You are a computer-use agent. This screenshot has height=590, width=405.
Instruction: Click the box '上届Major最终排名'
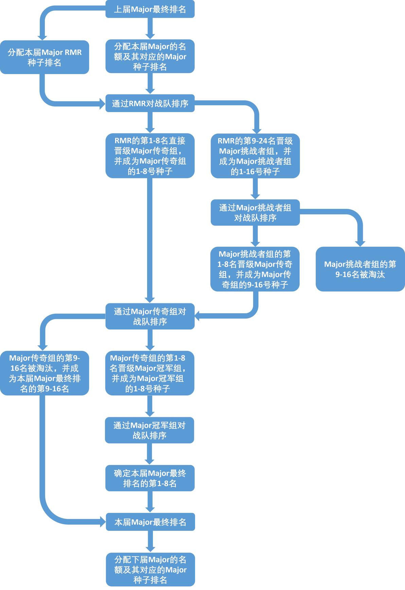(150, 9)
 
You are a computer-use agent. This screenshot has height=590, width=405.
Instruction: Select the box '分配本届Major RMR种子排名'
(45, 57)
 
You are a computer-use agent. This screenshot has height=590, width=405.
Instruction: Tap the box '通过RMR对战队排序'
(150, 103)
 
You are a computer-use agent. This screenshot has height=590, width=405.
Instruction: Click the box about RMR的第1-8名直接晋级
(150, 156)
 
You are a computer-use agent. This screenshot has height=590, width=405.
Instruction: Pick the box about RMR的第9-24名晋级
(255, 156)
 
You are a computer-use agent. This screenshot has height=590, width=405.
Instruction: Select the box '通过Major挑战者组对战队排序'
(255, 213)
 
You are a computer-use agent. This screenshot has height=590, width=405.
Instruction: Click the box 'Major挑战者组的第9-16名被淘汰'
(360, 269)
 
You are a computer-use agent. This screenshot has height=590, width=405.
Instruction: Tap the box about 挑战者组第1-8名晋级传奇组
(255, 269)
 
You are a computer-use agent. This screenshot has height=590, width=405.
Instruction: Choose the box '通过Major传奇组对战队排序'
(150, 316)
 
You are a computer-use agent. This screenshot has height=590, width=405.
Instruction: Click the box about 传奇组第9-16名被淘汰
(45, 373)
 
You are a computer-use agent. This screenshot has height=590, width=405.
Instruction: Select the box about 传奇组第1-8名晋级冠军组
(149, 373)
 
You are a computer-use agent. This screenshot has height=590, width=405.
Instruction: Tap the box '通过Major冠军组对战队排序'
(149, 430)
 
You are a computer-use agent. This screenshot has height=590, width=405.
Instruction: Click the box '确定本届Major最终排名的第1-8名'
(150, 478)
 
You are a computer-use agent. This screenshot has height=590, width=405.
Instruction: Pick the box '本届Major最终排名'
(150, 522)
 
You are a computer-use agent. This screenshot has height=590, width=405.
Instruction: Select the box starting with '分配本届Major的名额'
(150, 56)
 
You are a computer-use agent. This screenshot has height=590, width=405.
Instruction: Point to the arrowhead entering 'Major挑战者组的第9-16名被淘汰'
(360, 244)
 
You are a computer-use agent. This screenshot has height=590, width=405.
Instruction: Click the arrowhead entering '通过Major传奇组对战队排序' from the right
(198, 316)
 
